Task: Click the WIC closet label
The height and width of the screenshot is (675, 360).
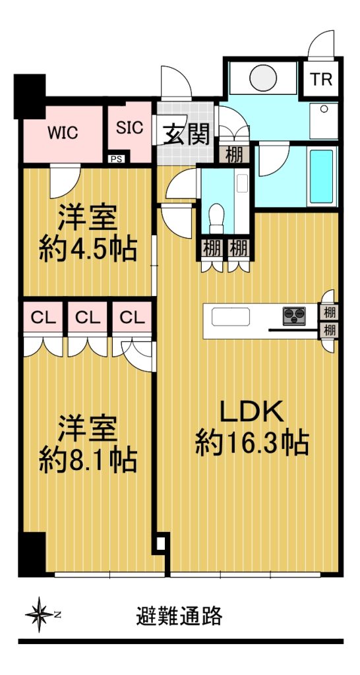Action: [63, 132]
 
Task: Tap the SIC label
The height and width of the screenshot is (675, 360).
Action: [130, 128]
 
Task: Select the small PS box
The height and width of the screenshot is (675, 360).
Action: [116, 159]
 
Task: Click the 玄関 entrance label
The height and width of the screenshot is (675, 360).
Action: [186, 134]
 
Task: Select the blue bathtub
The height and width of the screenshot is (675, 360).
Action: [322, 176]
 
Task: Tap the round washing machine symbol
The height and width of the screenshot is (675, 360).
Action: [263, 78]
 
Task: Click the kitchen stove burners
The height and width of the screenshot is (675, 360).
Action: [294, 316]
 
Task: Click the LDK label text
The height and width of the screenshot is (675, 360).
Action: [252, 412]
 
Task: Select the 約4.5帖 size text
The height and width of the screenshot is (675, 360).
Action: [88, 249]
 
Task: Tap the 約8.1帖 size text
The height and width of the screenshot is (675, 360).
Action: [88, 459]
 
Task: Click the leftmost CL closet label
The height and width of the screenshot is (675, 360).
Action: [44, 318]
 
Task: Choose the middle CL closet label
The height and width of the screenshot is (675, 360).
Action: [88, 318]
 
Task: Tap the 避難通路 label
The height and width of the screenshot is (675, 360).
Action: [179, 616]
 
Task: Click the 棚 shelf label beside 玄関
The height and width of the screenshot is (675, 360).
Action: [234, 155]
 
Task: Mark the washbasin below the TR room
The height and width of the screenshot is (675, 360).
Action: [324, 121]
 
